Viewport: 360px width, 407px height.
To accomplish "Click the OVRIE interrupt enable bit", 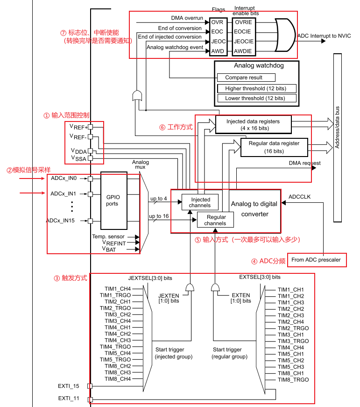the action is tap(244, 22).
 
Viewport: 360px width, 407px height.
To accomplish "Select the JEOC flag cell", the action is tap(218, 42).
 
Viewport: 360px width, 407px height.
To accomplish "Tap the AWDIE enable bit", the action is tap(243, 51).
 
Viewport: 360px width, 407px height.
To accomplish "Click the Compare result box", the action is tap(246, 78).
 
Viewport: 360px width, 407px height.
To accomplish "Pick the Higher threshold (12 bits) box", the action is tap(257, 88).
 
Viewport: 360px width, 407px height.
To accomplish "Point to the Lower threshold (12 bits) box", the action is tap(257, 98).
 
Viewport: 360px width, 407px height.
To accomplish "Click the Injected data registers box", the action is tap(254, 125).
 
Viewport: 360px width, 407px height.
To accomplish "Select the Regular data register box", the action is tap(274, 147).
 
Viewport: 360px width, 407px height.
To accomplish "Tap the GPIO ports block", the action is tap(114, 200).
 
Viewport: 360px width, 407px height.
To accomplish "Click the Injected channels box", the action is tap(200, 202).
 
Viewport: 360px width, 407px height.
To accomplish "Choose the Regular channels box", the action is tap(215, 220).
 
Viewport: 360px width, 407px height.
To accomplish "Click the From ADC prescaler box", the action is tap(317, 260).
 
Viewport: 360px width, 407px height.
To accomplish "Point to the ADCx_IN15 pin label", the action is tap(60, 221).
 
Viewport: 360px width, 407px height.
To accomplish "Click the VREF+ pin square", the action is tap(90, 127).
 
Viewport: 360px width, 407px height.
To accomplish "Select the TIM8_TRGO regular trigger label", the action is tap(293, 380).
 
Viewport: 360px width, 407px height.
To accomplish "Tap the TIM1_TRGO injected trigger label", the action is tap(115, 295).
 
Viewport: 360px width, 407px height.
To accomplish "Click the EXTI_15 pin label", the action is tap(69, 386).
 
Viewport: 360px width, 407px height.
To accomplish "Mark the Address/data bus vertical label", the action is tap(337, 127).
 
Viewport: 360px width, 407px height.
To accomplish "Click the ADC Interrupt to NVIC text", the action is tap(324, 36).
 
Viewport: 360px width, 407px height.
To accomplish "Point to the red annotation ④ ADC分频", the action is tap(268, 261).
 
